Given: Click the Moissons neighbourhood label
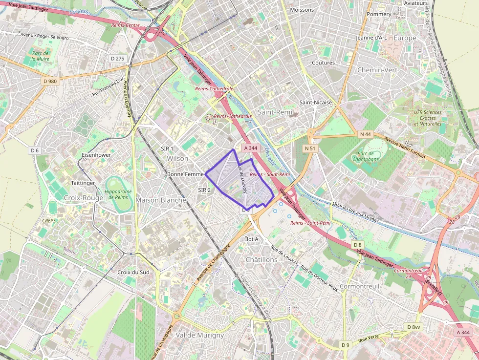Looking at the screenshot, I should click(x=302, y=10).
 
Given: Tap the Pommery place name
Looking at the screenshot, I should click(x=379, y=14).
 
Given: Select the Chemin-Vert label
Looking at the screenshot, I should click(x=377, y=70).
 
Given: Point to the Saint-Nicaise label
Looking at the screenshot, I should click(x=315, y=103).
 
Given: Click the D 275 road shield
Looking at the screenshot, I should click(x=118, y=59).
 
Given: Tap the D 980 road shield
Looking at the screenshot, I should click(x=50, y=81).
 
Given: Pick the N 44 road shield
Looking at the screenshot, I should click(x=365, y=134).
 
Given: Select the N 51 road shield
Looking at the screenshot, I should click(x=310, y=148).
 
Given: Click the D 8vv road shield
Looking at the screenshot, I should click(x=413, y=327).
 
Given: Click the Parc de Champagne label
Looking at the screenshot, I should click(x=365, y=156).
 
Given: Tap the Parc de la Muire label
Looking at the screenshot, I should click(x=40, y=56).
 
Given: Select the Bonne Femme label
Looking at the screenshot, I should click(x=185, y=174).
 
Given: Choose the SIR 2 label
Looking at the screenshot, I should click(x=204, y=190).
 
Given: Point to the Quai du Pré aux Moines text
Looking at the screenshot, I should click(x=355, y=212).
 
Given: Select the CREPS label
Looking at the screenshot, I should click(x=49, y=221).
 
